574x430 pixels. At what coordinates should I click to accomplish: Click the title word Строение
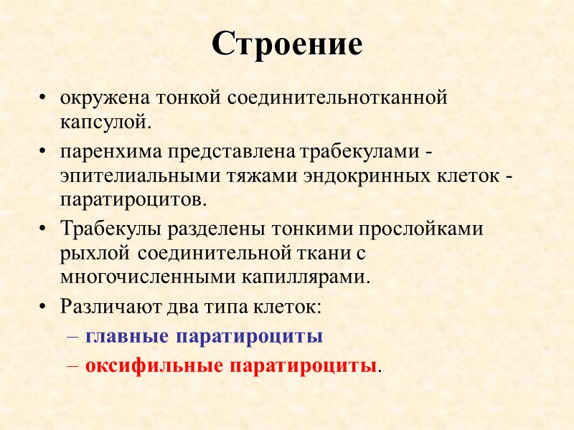pos(287,45)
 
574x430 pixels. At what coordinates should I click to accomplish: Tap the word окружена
pos(95,99)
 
